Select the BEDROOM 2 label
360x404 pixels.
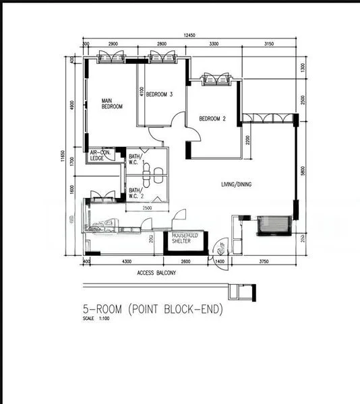point(212,119)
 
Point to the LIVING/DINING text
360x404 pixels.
point(236,184)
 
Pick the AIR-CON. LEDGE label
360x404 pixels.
point(101,156)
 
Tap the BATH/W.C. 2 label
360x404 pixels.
point(136,193)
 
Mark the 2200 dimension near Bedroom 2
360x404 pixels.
point(248,141)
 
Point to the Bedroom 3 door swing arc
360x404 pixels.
point(177,123)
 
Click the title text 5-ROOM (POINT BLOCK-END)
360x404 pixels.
point(152,310)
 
